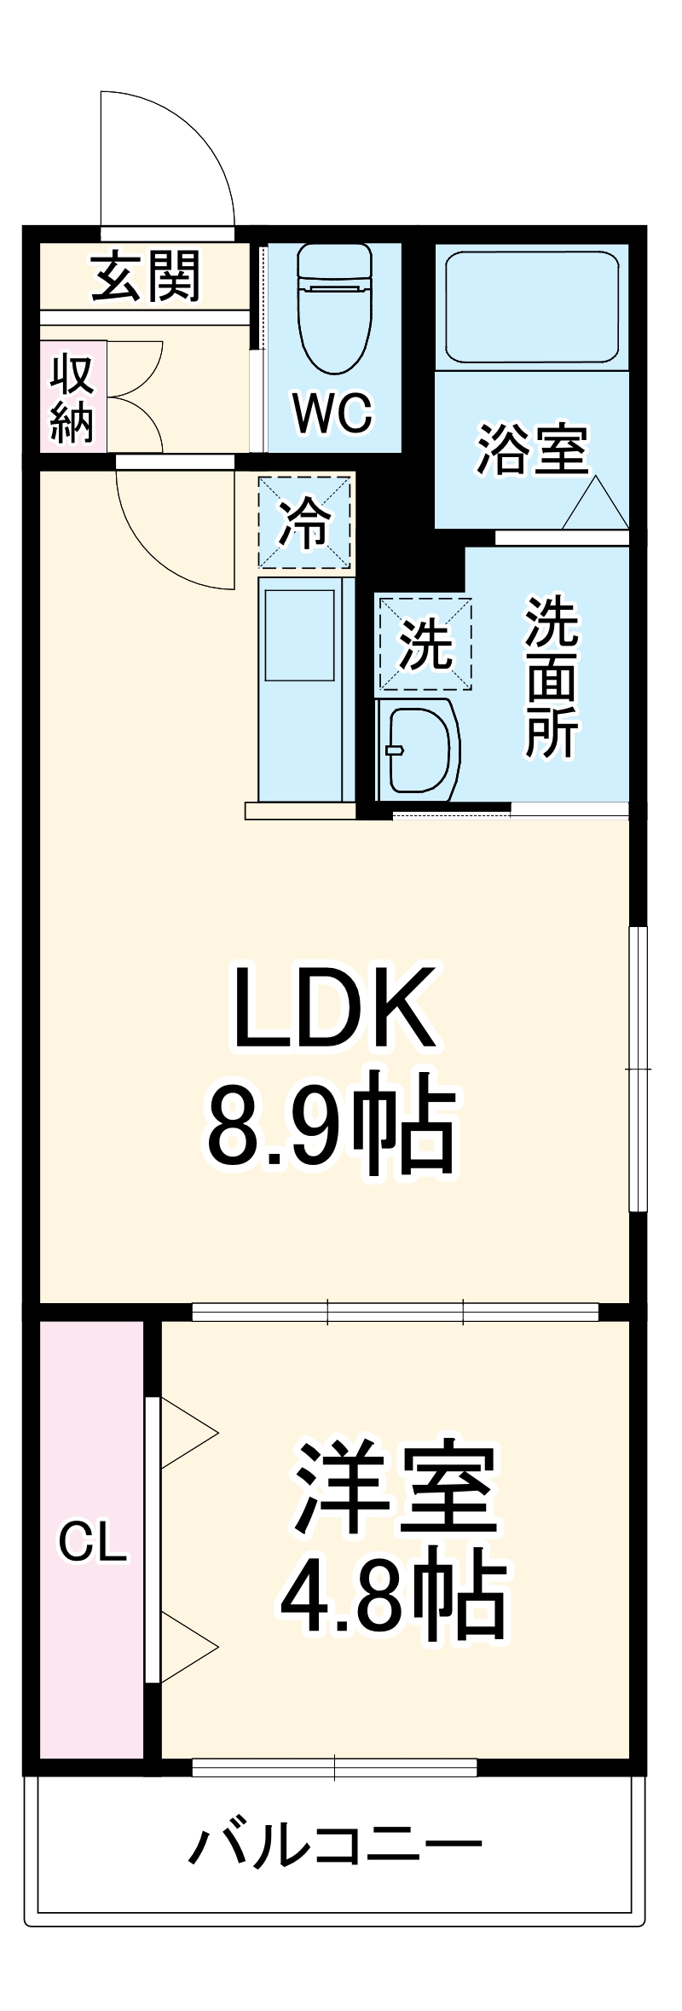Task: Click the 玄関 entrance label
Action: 146,276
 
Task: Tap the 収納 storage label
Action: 72,397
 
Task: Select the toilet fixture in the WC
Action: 334,307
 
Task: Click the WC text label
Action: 332,414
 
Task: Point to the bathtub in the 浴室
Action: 532,306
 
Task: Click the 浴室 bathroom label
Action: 532,449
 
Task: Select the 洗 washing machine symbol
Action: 425,645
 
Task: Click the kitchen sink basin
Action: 298,635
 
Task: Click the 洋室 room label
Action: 396,1488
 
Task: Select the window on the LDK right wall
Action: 637,1068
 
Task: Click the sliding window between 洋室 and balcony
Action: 334,1766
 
